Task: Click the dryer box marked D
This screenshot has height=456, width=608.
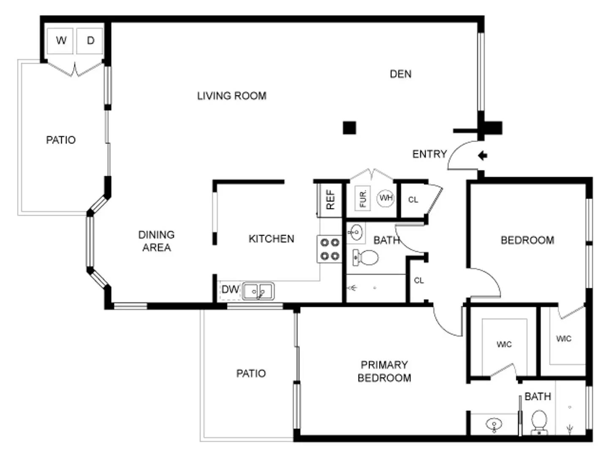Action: (x=90, y=41)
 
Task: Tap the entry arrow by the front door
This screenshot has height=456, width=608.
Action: (x=482, y=155)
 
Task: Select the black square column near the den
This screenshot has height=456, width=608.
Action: (x=349, y=128)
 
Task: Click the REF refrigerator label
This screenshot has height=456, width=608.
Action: (x=330, y=199)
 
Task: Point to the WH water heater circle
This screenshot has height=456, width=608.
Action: (x=385, y=198)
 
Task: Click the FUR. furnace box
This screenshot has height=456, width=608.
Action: (x=363, y=198)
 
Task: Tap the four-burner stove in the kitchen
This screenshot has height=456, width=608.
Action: (x=330, y=249)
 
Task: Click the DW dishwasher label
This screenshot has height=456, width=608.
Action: (x=230, y=289)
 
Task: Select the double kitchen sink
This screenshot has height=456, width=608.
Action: (x=258, y=291)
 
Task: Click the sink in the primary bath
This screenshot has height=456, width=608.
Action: (x=494, y=424)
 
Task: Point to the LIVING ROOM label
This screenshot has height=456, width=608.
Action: (x=231, y=96)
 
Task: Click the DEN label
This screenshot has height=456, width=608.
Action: (x=400, y=74)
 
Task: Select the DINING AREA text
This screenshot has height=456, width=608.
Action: (x=156, y=241)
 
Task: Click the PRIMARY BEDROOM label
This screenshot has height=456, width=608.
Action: (x=384, y=371)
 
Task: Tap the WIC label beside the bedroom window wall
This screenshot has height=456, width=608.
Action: (x=563, y=339)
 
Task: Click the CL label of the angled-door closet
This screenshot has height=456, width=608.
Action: (x=413, y=200)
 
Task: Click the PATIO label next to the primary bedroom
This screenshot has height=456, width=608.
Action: (x=251, y=373)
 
